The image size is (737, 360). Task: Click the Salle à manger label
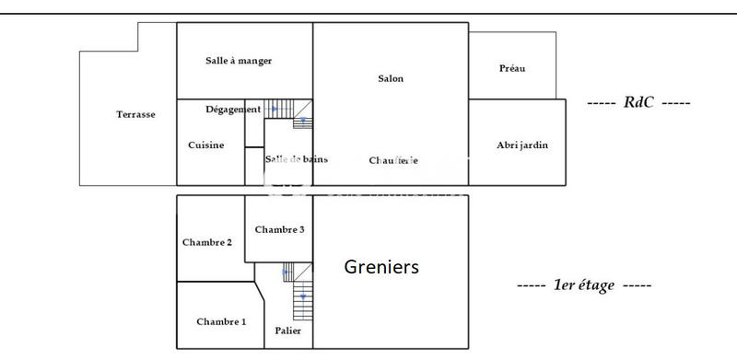(x=239, y=61)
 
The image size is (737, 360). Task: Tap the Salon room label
(x=391, y=79)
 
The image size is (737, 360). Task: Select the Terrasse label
(x=135, y=114)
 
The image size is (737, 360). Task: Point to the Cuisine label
(x=205, y=145)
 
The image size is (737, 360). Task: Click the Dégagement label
(x=232, y=110)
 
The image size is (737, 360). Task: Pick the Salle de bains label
(x=296, y=159)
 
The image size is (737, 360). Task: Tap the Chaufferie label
(x=393, y=160)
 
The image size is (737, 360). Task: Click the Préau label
(x=513, y=68)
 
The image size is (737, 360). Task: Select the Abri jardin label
(x=517, y=145)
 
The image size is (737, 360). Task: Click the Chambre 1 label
(x=221, y=321)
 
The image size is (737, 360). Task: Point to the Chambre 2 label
(x=207, y=242)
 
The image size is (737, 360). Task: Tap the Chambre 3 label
(x=279, y=229)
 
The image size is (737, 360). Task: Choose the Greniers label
(x=381, y=267)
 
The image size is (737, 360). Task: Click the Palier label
(x=288, y=330)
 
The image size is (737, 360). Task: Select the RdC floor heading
(x=638, y=102)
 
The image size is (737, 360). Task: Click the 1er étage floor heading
(x=584, y=285)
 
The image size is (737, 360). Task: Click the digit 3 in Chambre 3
(x=301, y=229)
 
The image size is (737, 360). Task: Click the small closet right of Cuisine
(x=254, y=166)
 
